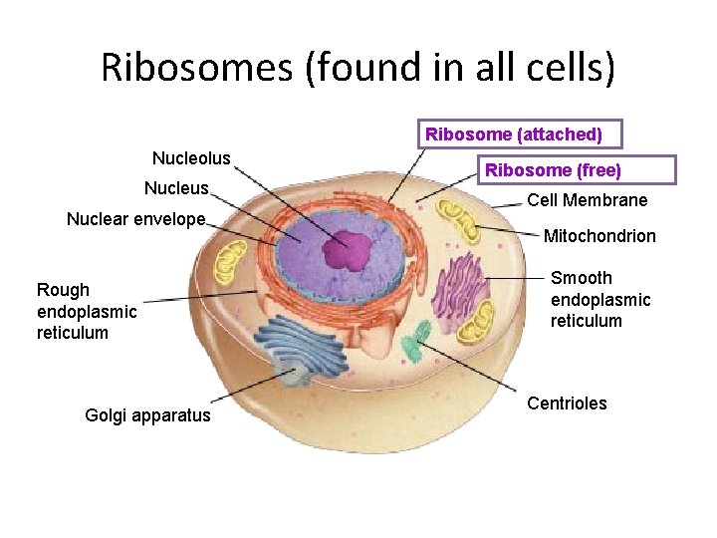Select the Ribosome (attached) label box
pyautogui.click(x=513, y=134)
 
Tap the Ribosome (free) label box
pyautogui.click(x=553, y=170)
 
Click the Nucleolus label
pyautogui.click(x=191, y=158)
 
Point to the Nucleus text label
pyautogui.click(x=176, y=188)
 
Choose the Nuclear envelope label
pyautogui.click(x=135, y=219)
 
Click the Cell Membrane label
pyautogui.click(x=588, y=200)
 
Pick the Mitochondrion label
pyautogui.click(x=599, y=236)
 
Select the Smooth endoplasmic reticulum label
pyautogui.click(x=600, y=299)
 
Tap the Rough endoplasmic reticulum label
pyautogui.click(x=87, y=311)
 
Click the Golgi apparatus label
pyautogui.click(x=148, y=415)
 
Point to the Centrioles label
pyautogui.click(x=567, y=403)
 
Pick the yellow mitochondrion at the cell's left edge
pyautogui.click(x=231, y=262)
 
